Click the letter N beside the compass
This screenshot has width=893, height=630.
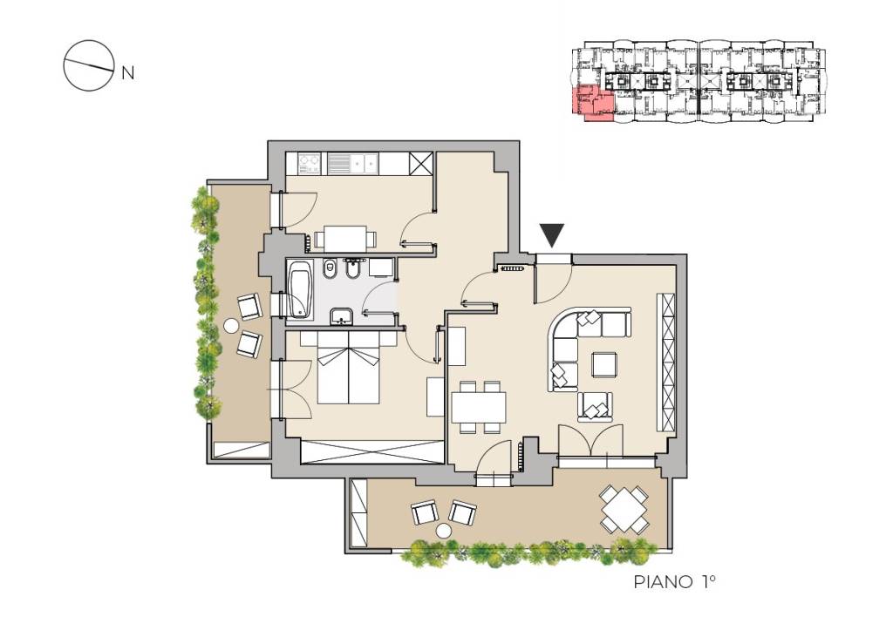[128, 73]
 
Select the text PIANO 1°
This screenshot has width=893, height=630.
[674, 581]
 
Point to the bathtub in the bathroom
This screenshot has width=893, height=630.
[300, 289]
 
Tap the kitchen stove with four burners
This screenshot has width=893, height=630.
[309, 164]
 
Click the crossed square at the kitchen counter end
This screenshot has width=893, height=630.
[421, 164]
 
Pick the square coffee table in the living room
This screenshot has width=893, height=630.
[604, 365]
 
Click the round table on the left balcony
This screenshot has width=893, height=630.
[231, 326]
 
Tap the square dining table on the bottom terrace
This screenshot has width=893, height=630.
[624, 509]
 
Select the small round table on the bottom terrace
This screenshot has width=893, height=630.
[443, 532]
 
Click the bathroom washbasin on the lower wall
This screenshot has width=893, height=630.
[341, 315]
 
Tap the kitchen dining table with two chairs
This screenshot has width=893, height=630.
[344, 239]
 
